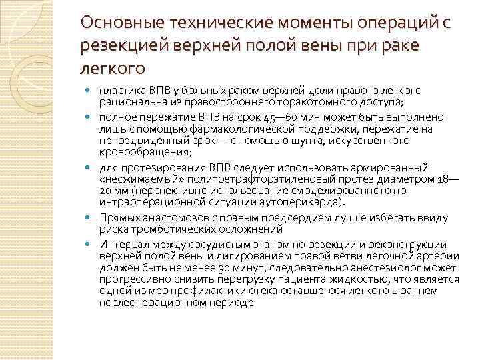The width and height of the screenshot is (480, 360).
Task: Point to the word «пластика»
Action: [118, 90]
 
